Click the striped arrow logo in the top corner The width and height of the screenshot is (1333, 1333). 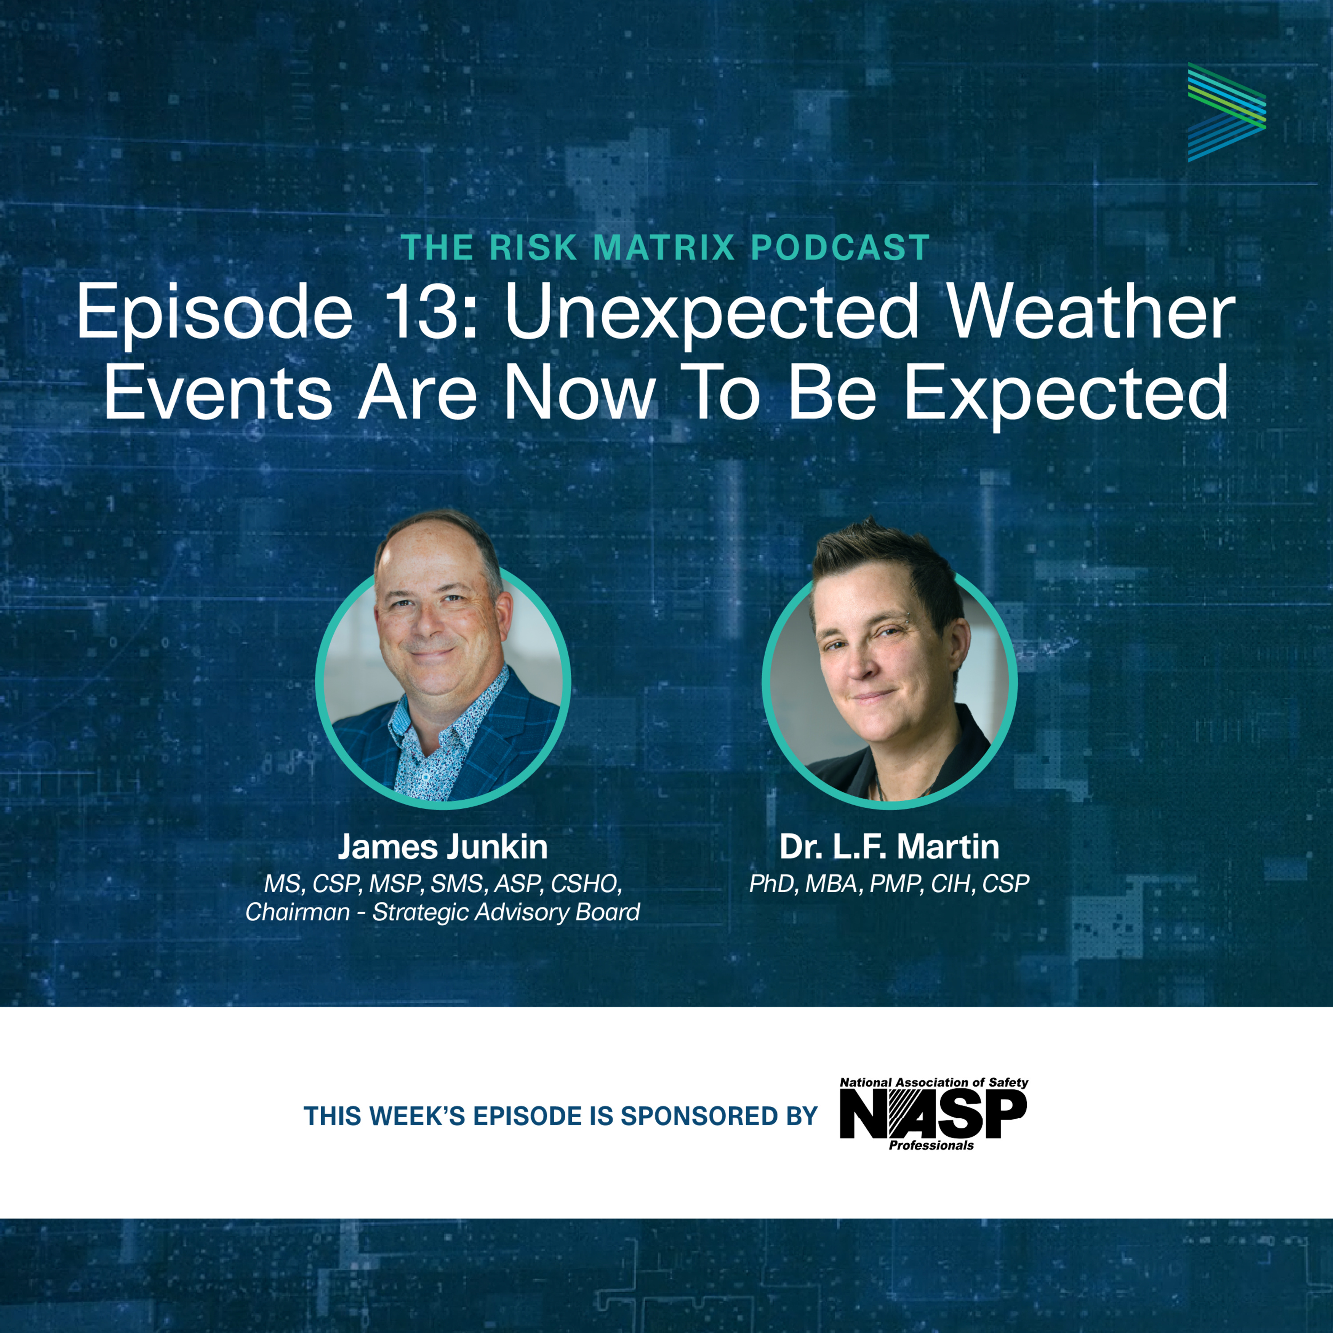pyautogui.click(x=1226, y=112)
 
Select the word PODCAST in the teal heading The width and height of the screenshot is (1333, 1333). pyautogui.click(x=840, y=247)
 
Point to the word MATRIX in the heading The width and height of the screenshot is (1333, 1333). pyautogui.click(x=664, y=247)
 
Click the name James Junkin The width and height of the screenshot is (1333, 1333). pyautogui.click(x=442, y=846)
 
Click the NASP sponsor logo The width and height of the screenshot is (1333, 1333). pyautogui.click(x=934, y=1113)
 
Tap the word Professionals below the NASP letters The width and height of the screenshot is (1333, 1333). pyautogui.click(x=931, y=1145)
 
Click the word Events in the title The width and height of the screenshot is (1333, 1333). pyautogui.click(x=219, y=393)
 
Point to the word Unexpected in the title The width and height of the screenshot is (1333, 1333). pyautogui.click(x=712, y=314)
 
